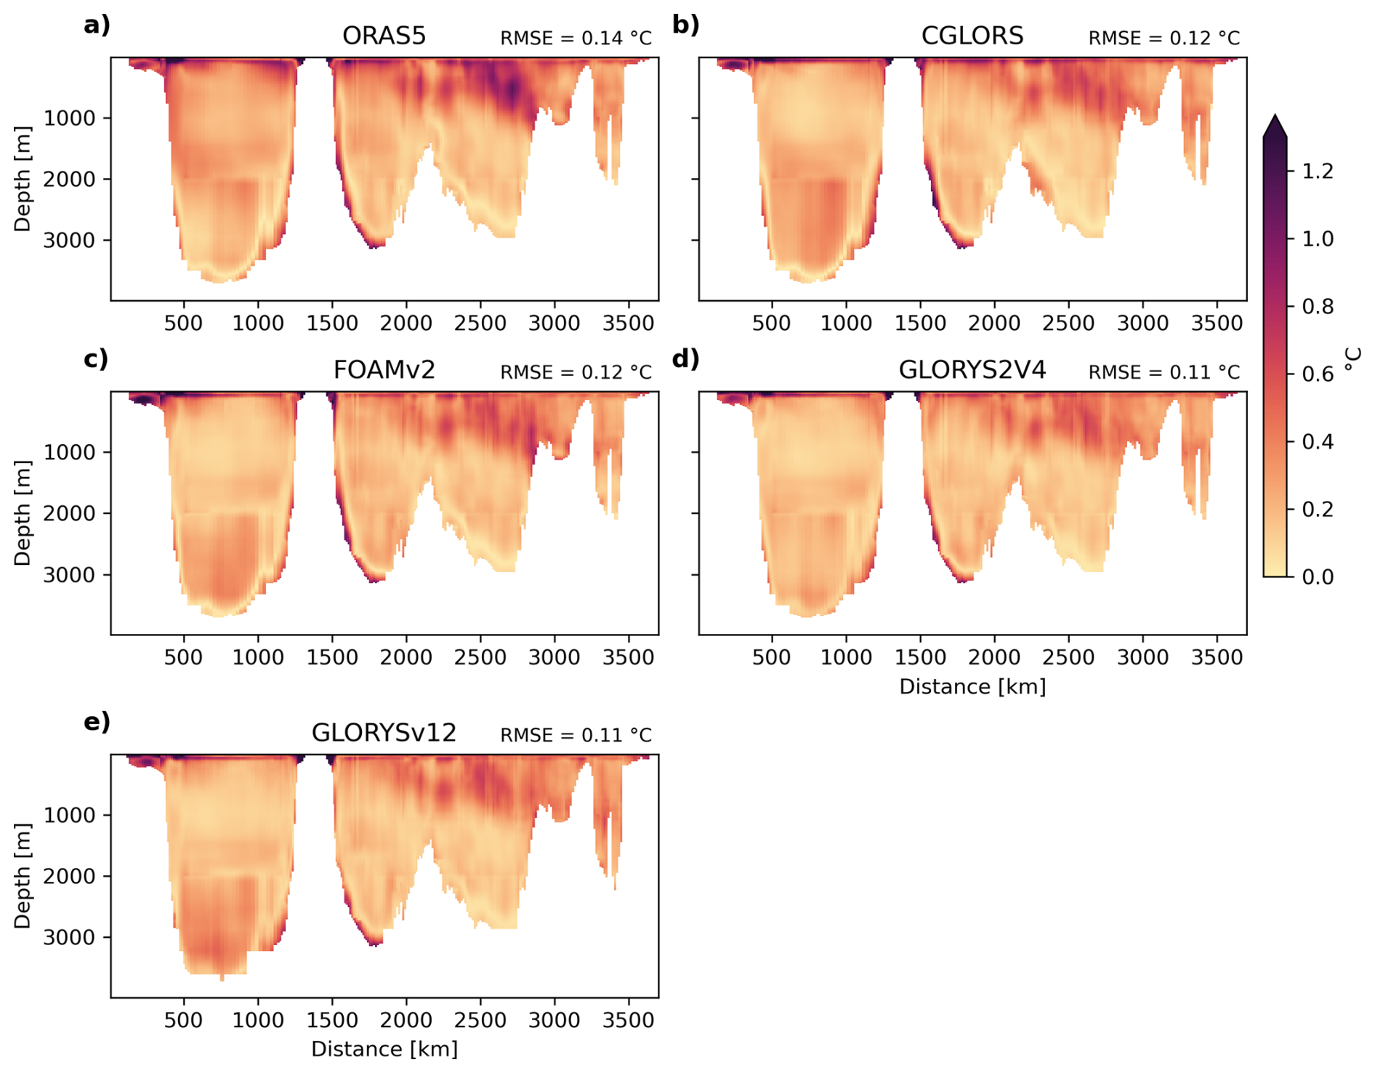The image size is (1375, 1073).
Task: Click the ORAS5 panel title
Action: pyautogui.click(x=384, y=36)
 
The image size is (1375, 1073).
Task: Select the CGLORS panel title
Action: pyautogui.click(x=972, y=36)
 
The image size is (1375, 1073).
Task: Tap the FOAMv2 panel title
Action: pyautogui.click(x=384, y=370)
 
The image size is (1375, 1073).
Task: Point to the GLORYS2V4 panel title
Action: pyautogui.click(x=972, y=370)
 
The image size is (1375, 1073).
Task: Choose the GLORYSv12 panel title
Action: pyautogui.click(x=384, y=733)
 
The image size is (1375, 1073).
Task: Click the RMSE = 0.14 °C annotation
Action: pyautogui.click(x=576, y=38)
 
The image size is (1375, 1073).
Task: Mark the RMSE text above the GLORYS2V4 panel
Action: pyautogui.click(x=1164, y=372)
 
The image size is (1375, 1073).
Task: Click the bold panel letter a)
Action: pyautogui.click(x=97, y=25)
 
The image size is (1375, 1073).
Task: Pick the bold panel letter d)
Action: pyautogui.click(x=685, y=359)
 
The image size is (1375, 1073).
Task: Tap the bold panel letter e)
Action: pyautogui.click(x=97, y=722)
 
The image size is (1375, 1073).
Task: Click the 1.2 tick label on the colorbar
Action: pyautogui.click(x=1318, y=172)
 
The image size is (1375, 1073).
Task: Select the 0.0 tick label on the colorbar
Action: pyautogui.click(x=1318, y=577)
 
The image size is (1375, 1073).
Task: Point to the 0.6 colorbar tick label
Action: pyautogui.click(x=1318, y=374)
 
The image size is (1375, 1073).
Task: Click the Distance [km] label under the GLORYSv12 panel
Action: pyautogui.click(x=384, y=1049)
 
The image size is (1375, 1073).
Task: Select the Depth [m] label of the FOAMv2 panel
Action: pyautogui.click(x=23, y=513)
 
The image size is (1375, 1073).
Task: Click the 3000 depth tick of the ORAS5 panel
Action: pyautogui.click(x=69, y=241)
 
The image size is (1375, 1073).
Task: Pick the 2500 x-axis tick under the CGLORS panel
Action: pyautogui.click(x=1068, y=323)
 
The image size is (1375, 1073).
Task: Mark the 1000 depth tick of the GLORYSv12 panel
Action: pyautogui.click(x=69, y=816)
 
